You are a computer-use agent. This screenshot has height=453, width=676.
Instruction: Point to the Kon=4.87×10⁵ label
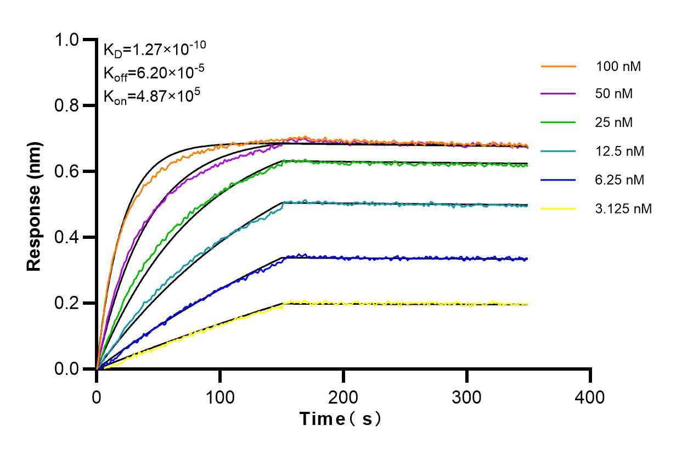[151, 96]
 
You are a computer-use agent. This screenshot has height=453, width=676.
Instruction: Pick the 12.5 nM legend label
[619, 151]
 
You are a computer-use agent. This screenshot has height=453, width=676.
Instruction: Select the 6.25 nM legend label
[619, 180]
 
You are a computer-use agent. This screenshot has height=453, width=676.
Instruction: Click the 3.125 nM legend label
[624, 209]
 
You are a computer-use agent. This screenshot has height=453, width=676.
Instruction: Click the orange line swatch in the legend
[558, 66]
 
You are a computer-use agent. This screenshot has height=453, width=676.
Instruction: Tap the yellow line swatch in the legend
[558, 209]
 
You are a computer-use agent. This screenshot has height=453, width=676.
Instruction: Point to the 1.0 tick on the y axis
[70, 40]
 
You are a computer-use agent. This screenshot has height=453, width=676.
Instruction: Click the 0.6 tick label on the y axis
[70, 171]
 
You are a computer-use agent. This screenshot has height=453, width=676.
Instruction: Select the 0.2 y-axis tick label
[70, 303]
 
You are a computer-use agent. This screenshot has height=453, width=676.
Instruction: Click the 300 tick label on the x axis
[467, 396]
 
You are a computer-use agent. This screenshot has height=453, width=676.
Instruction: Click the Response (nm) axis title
[35, 204]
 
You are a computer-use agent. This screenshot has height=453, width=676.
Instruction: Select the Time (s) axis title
[341, 419]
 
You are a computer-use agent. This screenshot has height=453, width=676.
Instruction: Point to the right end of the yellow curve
[527, 304]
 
